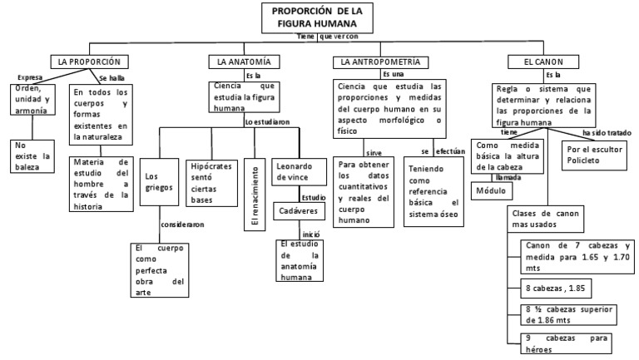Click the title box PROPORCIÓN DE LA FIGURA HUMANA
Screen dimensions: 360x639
[317, 17]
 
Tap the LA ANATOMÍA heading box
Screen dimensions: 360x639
[243, 62]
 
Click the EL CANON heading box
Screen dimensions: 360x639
[539, 62]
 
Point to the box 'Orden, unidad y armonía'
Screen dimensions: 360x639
[31, 99]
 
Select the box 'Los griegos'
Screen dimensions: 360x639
[158, 181]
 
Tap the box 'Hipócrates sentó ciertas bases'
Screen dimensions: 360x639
[213, 182]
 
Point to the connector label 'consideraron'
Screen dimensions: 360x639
[184, 224]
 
